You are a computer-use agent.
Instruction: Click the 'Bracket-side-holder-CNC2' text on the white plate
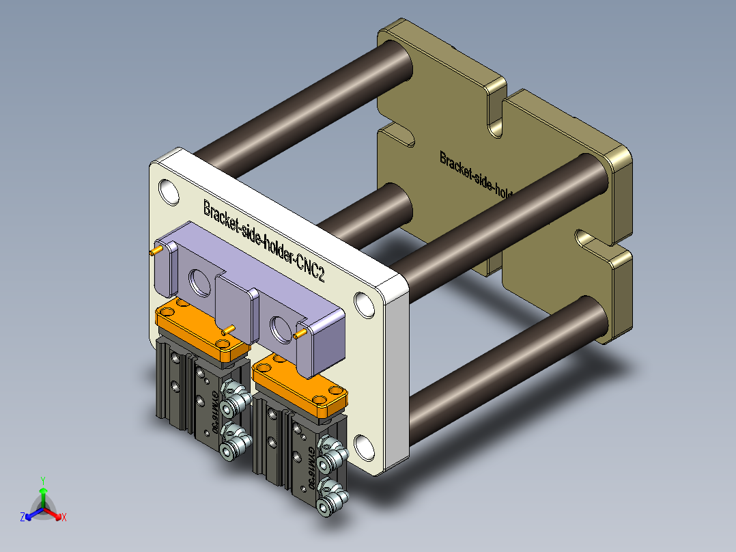[x=263, y=240]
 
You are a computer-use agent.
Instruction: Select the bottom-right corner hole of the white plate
[x=364, y=447]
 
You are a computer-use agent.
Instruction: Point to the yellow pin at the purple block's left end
[x=155, y=251]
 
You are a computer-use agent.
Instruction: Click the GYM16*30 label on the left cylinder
[x=214, y=413]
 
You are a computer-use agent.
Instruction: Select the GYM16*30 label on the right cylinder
[x=311, y=469]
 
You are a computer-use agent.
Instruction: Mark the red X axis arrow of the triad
[x=60, y=516]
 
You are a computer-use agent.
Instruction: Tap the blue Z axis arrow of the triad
[x=28, y=516]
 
